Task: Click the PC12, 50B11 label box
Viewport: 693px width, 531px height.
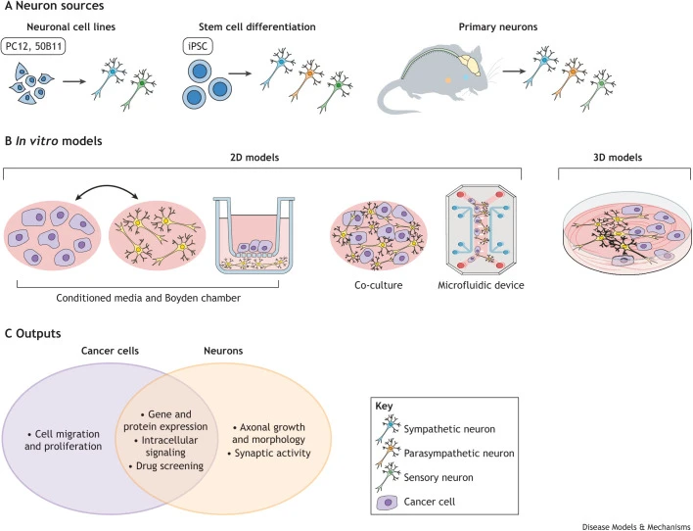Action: [33, 46]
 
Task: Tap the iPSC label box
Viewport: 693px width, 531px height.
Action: [198, 46]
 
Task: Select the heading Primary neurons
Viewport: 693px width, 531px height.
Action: [498, 27]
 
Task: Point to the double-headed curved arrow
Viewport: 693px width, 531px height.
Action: [107, 188]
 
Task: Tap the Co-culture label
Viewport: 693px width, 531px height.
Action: [379, 285]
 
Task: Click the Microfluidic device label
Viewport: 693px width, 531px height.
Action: [481, 285]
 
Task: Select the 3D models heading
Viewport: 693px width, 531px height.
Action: [618, 158]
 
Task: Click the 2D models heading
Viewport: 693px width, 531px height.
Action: [254, 158]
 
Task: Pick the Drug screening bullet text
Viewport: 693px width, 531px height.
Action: [166, 466]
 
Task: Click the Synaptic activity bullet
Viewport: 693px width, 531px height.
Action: [269, 454]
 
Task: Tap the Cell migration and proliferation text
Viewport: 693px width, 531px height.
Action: [64, 440]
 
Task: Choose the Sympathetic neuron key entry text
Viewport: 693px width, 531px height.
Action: [449, 429]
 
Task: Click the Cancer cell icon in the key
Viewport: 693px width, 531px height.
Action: [388, 503]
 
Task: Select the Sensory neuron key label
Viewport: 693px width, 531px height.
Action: [439, 477]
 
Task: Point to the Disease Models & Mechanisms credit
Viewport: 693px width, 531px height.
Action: [636, 526]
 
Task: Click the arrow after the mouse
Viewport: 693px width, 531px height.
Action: [514, 71]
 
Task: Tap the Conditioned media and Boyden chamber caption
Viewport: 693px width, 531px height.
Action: [149, 298]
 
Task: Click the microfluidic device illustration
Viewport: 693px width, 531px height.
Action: [481, 230]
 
